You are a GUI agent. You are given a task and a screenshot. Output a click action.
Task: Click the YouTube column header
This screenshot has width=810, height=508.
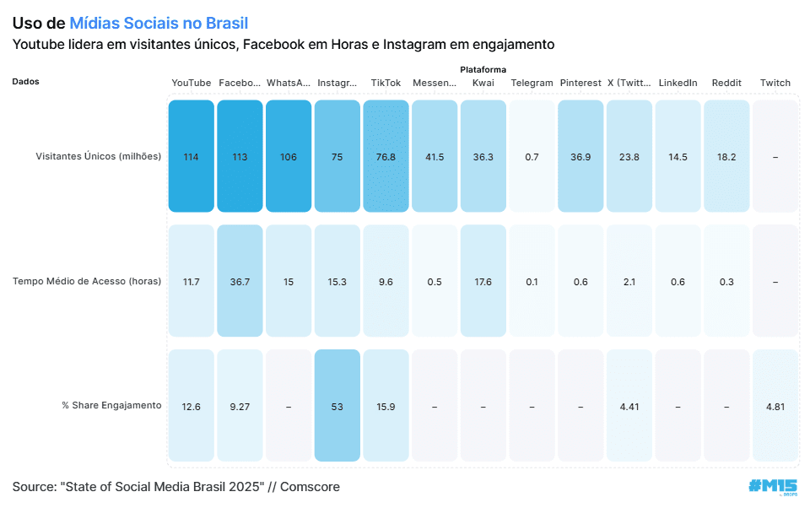click(191, 83)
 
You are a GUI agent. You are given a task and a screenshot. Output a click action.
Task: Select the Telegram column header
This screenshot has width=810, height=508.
click(532, 83)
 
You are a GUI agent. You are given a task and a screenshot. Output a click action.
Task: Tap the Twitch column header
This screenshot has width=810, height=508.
click(775, 83)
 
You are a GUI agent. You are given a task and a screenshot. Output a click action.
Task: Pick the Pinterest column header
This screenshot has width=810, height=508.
click(580, 83)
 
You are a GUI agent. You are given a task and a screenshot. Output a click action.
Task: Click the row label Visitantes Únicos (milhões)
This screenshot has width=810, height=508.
click(98, 156)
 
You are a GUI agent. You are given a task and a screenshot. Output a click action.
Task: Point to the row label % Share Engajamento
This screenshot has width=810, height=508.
click(111, 405)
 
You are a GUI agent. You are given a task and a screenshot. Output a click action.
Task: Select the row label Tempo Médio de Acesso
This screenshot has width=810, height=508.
click(87, 281)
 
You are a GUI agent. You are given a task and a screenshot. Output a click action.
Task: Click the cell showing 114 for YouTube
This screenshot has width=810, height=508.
click(191, 156)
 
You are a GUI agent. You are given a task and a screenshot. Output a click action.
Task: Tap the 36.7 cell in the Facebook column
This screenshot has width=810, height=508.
click(240, 281)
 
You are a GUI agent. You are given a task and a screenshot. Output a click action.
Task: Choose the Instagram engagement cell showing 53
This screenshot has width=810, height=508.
click(337, 406)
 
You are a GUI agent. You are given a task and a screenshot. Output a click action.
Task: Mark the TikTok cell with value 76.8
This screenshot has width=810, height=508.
click(386, 156)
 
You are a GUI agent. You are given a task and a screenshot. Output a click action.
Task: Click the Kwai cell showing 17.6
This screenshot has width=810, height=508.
click(483, 281)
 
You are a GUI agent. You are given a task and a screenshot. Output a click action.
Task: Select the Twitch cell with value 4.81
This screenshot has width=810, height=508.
click(775, 406)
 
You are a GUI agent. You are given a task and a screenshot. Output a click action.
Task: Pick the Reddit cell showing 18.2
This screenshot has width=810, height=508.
click(726, 156)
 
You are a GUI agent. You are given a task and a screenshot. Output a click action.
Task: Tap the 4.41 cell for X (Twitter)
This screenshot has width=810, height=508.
click(629, 406)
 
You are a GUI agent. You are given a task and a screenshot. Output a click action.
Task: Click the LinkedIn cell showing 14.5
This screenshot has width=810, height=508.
click(678, 156)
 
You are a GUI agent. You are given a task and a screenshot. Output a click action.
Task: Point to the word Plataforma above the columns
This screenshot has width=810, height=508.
click(483, 69)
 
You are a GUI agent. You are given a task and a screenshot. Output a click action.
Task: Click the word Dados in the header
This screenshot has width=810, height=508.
click(26, 82)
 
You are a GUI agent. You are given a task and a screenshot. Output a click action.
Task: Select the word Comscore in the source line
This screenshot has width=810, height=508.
click(310, 487)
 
